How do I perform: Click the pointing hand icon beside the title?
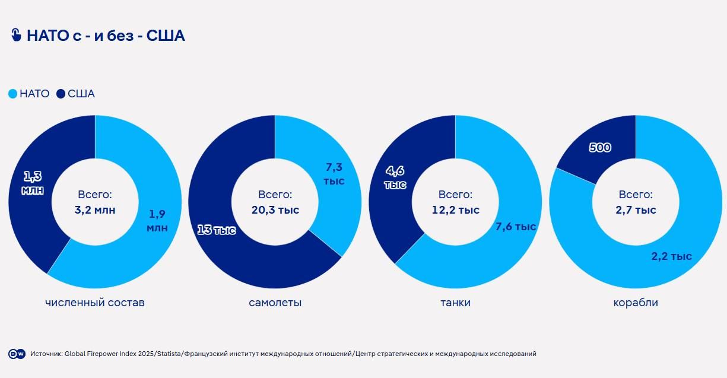coord(16,35)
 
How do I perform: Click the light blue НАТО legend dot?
coord(12,94)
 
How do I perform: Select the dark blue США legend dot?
coord(61,94)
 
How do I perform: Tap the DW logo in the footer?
coord(17,354)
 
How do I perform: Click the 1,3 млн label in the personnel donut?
coord(33,183)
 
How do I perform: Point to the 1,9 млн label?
coord(157,220)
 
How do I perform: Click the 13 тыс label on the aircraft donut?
coord(216,230)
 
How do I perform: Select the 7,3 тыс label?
coord(334,174)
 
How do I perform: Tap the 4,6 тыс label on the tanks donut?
coord(395,177)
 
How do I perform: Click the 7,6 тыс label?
coord(516,227)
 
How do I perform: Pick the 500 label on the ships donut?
coord(600,148)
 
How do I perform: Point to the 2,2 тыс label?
coord(672,256)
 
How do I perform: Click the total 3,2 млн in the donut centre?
coord(95,210)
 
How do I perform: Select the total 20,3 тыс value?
coord(275,210)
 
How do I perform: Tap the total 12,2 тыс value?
coord(455,210)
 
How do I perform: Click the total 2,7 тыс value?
coord(636,210)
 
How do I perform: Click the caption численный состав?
coord(95,303)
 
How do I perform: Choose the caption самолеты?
coord(275,303)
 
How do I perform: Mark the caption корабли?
coord(636,303)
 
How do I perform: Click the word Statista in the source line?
coord(168,354)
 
